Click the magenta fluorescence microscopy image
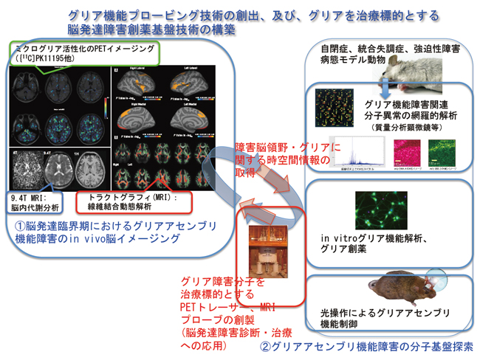411,152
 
